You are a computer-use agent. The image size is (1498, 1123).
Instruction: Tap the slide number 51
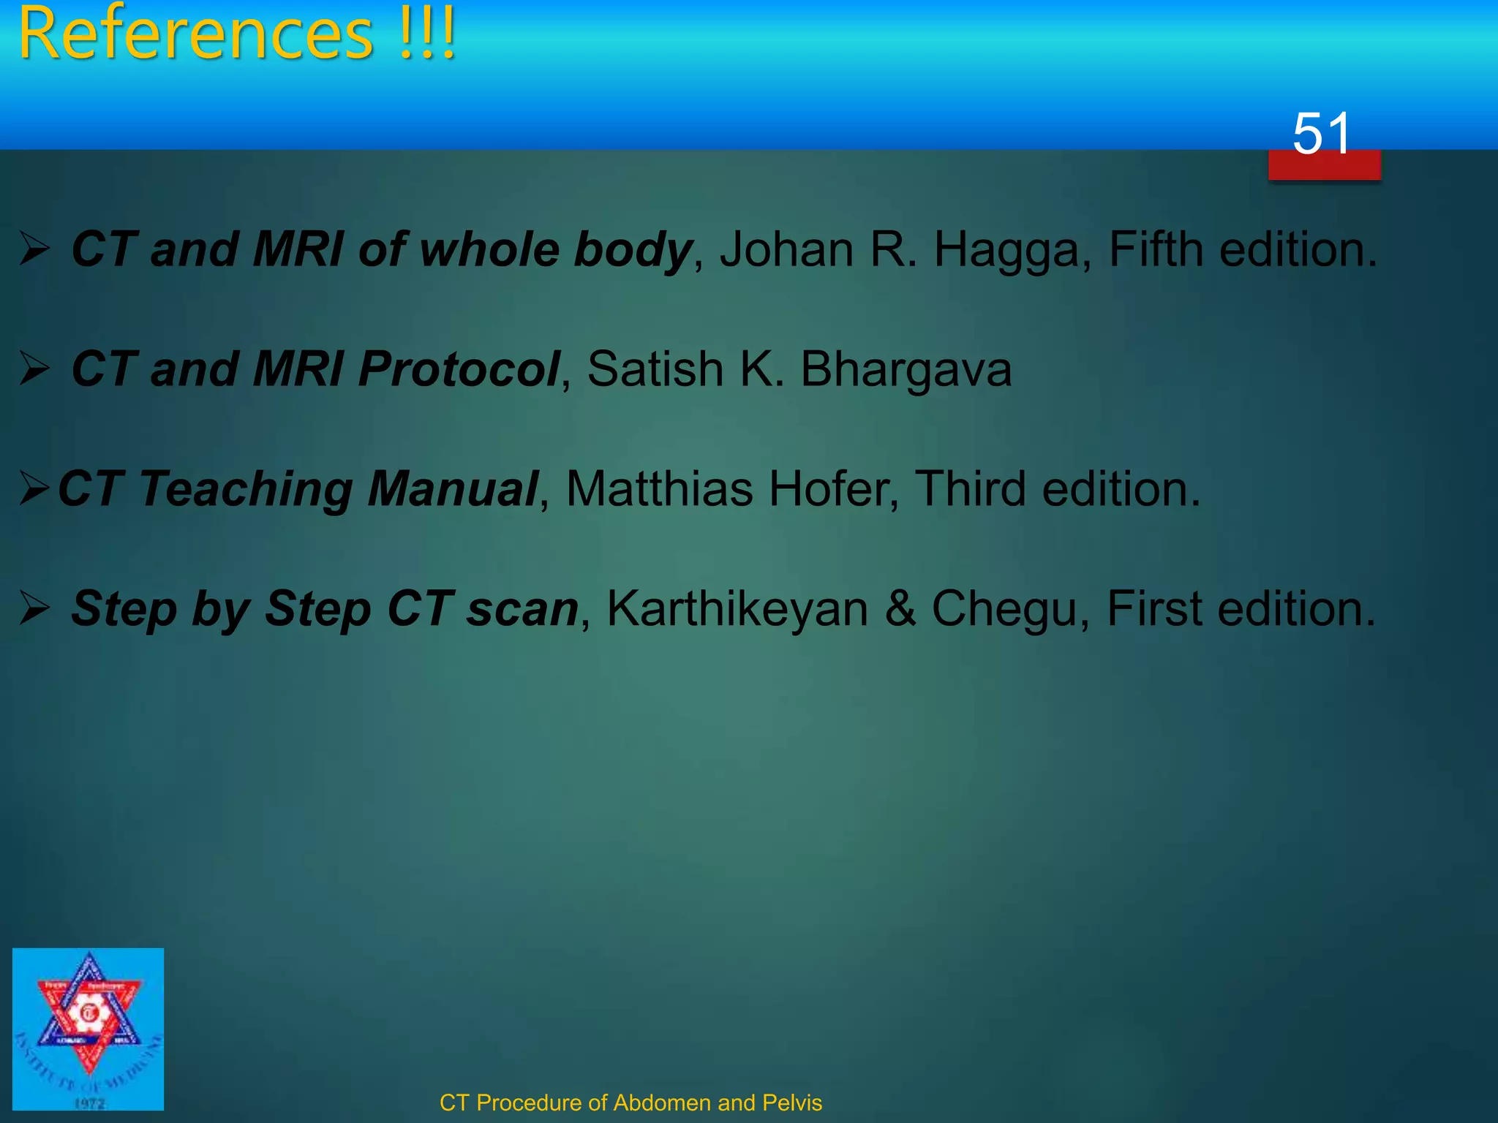1321,134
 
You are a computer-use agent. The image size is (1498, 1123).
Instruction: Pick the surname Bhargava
906,370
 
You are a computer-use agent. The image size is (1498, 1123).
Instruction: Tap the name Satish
655,368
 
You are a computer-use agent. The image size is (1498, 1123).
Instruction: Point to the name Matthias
659,488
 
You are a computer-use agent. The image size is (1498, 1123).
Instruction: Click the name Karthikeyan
737,609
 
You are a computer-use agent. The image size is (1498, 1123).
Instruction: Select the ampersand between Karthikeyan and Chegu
900,608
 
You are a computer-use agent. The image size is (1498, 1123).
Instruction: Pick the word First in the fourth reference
1153,608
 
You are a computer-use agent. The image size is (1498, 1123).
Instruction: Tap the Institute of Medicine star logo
89,1029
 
